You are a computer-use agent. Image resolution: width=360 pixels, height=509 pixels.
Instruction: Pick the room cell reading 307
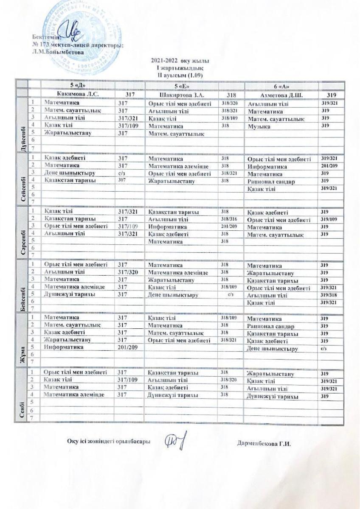122,180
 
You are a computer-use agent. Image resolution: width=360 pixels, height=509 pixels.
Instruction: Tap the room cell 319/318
329,295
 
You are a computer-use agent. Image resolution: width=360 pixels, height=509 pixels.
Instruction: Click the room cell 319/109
329,220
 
